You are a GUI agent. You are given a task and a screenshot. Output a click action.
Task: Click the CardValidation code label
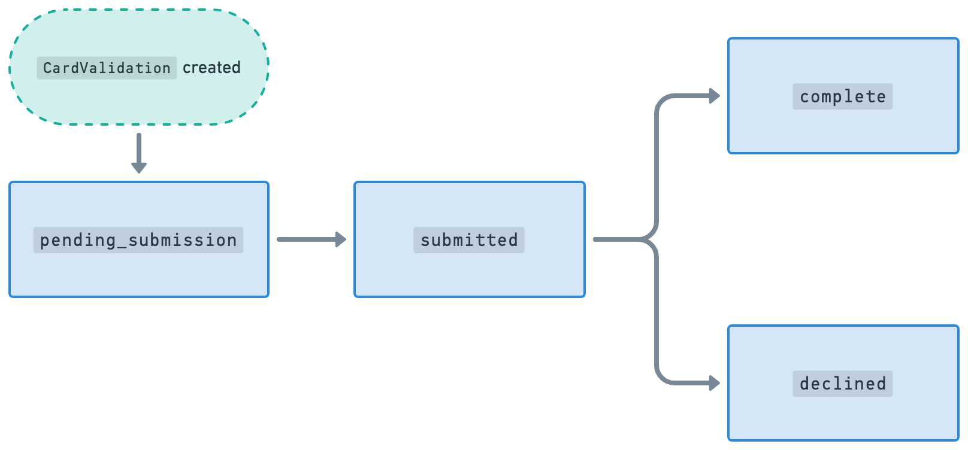(x=107, y=68)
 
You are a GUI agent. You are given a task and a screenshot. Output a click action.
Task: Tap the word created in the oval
(x=211, y=68)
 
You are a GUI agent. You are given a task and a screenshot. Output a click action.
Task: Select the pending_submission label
(x=138, y=240)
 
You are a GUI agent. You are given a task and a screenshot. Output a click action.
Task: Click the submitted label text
(x=469, y=240)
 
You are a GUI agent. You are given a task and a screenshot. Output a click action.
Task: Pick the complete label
(x=842, y=96)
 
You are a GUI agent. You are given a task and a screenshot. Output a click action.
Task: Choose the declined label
(x=842, y=384)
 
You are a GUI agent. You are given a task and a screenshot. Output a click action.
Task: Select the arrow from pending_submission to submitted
(x=308, y=239)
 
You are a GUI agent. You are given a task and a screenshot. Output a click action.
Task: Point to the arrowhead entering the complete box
(x=714, y=96)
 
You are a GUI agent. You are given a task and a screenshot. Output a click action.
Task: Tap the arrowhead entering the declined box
(x=714, y=383)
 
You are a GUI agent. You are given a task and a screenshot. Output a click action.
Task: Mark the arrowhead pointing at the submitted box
(x=341, y=239)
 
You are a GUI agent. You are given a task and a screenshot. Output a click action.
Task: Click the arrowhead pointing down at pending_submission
(x=139, y=167)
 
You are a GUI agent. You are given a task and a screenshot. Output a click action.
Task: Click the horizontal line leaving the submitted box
(x=617, y=239)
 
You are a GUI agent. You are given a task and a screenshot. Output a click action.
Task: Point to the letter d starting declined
(x=804, y=384)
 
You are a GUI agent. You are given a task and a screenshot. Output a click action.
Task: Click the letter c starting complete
(x=804, y=97)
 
